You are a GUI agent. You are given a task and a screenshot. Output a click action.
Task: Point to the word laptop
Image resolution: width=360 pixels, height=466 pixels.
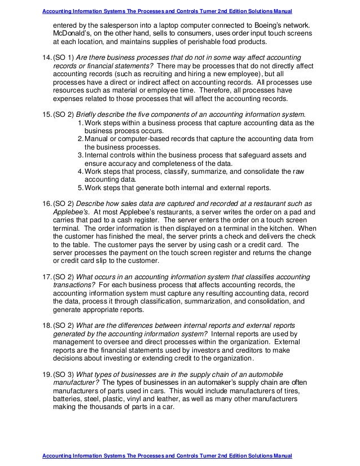click(165, 27)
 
